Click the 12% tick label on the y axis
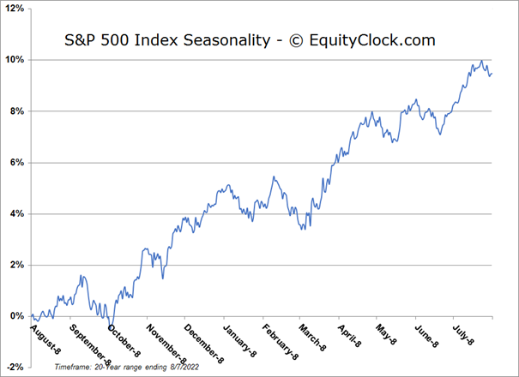(15, 9)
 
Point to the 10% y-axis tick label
(15, 60)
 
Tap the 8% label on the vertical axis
(18, 111)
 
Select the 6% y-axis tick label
(18, 163)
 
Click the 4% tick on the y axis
(18, 213)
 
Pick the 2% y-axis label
(18, 265)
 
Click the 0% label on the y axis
(18, 316)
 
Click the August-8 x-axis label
(45, 338)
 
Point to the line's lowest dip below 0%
(111, 326)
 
